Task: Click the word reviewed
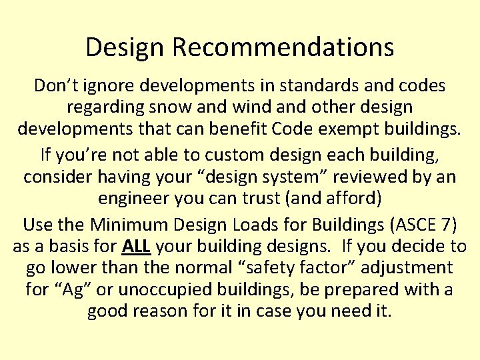[369, 177]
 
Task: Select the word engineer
[131, 199]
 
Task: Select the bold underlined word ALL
[137, 247]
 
